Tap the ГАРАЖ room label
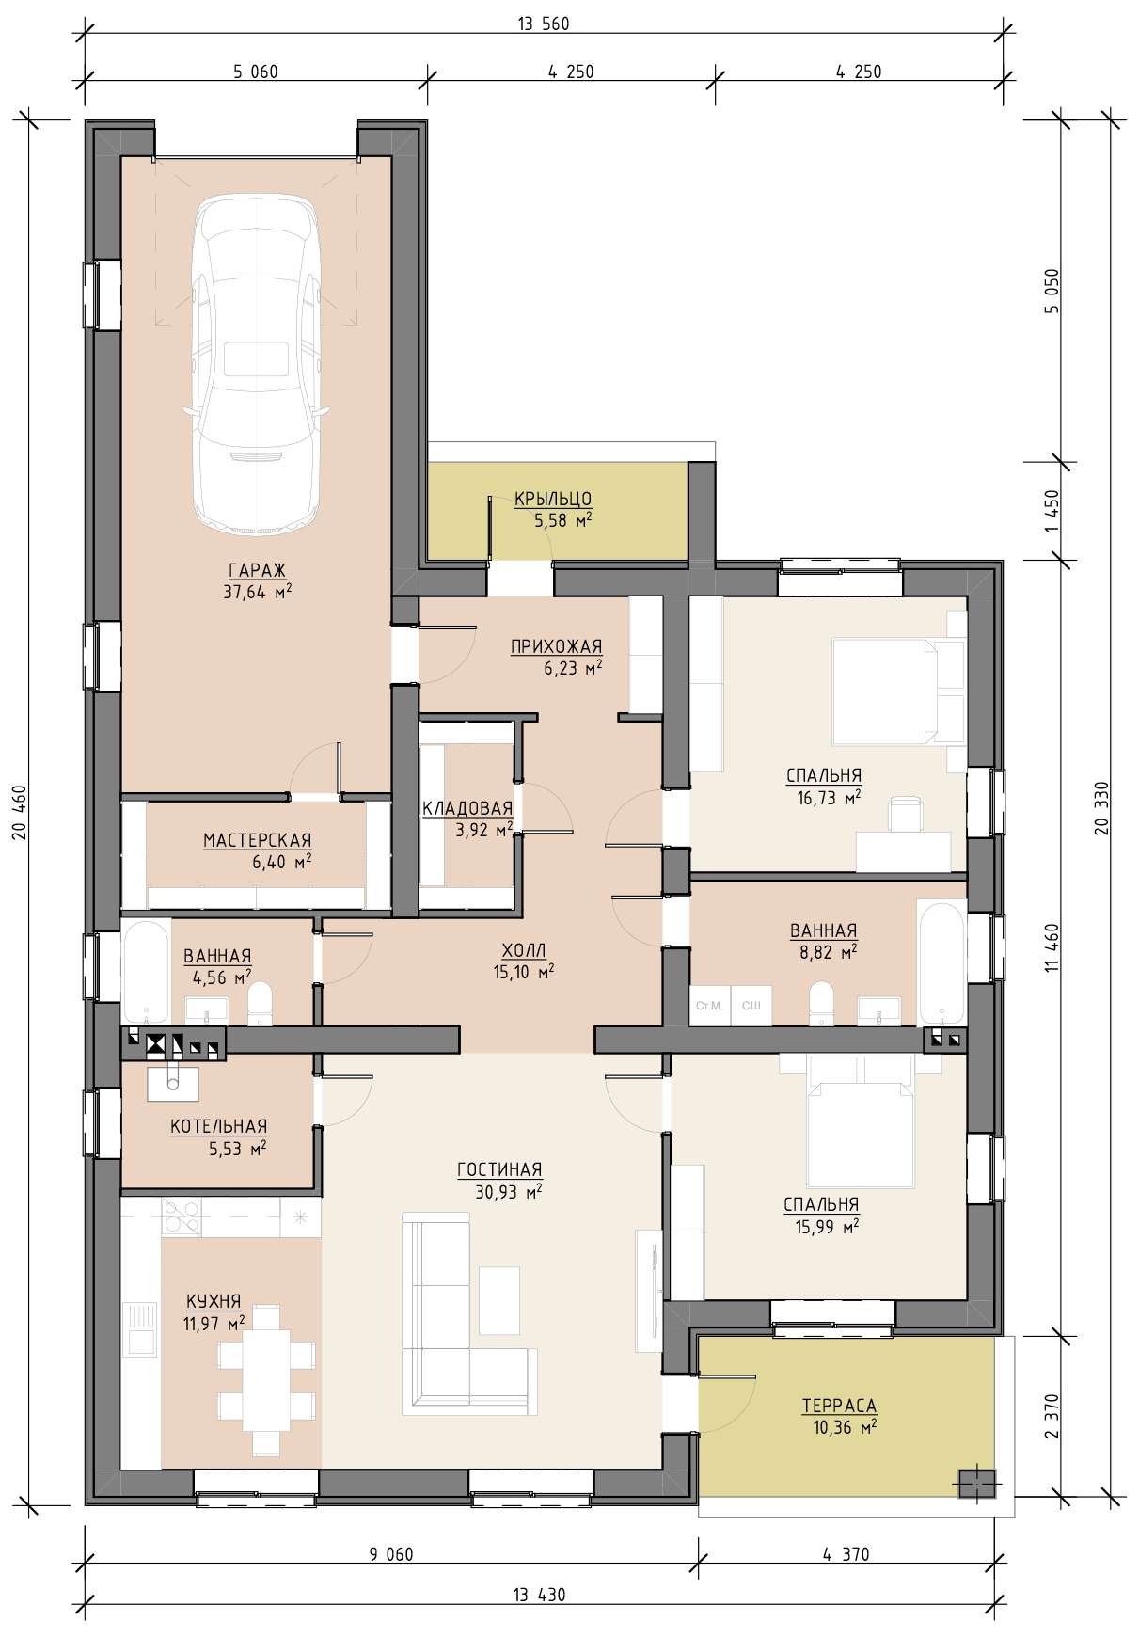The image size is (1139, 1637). point(257,570)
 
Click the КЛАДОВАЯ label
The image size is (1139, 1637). point(467,808)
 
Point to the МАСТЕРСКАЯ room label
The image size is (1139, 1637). point(258,840)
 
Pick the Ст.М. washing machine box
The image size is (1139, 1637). point(709,1006)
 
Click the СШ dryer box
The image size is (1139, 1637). point(751,1006)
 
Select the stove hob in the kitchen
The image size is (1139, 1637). point(182,1217)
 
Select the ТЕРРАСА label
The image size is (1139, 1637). point(839,1406)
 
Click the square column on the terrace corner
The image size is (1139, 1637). point(977,1484)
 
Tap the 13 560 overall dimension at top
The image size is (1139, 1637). point(544,24)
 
